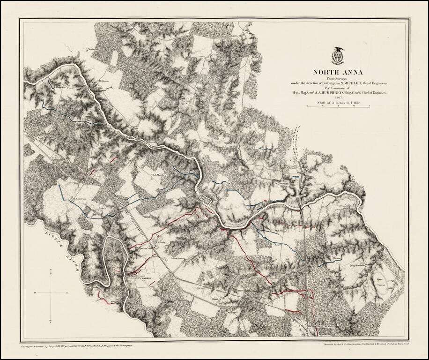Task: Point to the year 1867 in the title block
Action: click(337, 97)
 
